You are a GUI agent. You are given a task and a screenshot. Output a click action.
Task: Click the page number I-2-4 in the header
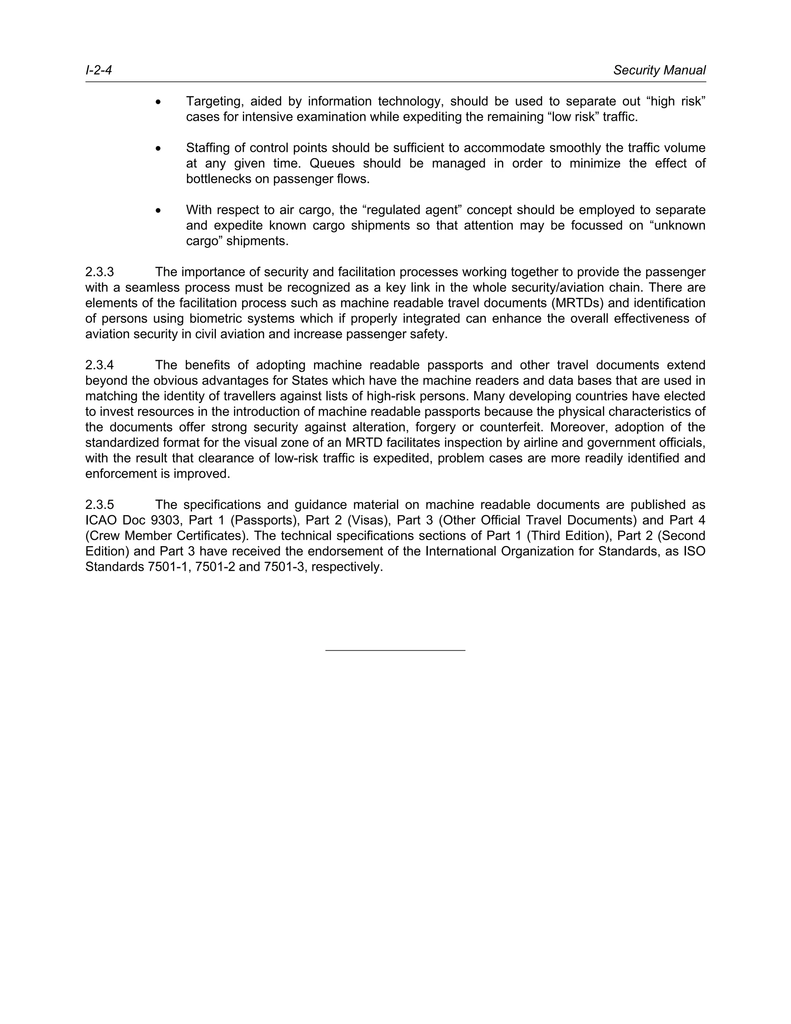(x=98, y=70)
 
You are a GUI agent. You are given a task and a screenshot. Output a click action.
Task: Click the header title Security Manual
(x=659, y=70)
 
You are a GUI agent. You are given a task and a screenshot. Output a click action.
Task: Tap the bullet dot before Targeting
(x=159, y=102)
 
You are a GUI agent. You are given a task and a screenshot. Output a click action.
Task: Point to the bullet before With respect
(x=159, y=211)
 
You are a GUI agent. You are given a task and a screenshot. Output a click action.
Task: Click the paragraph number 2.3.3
(x=99, y=272)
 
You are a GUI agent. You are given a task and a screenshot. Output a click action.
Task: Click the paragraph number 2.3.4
(x=99, y=365)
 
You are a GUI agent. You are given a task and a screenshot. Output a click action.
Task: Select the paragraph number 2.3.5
(x=99, y=505)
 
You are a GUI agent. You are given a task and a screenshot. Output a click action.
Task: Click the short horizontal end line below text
(x=395, y=650)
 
